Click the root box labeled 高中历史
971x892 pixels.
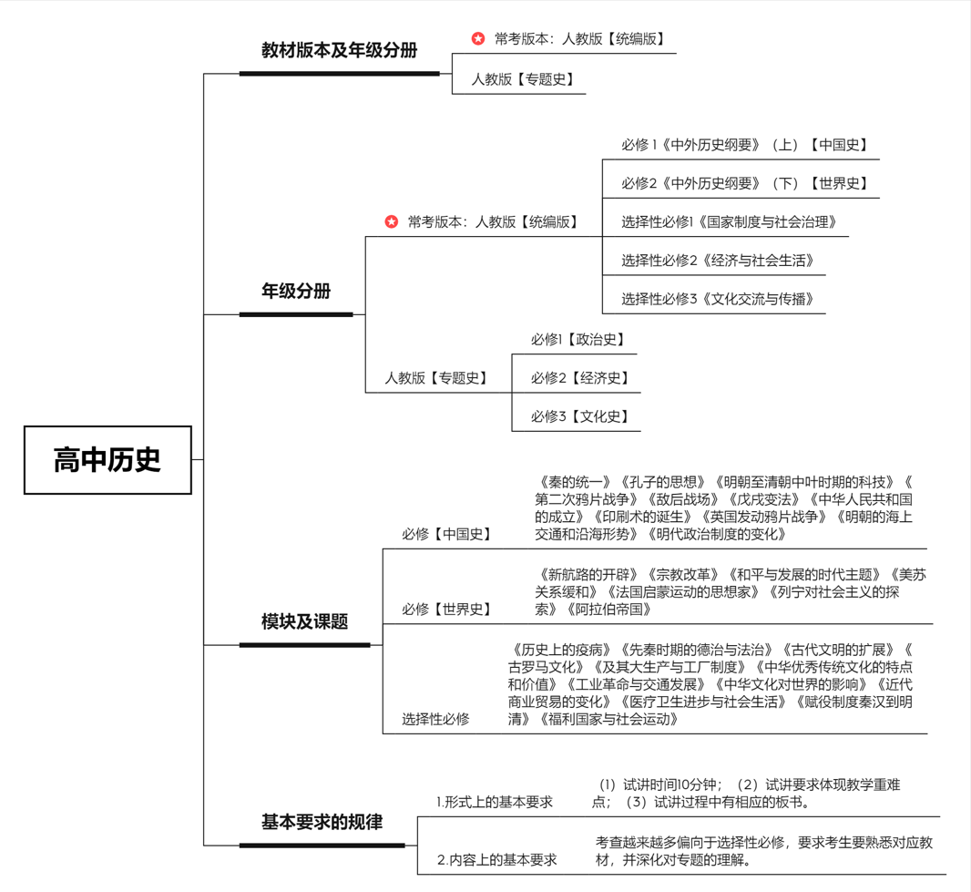point(107,460)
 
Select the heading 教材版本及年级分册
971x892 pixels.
point(339,51)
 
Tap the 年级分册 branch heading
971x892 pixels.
point(296,292)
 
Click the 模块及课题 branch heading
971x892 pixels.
point(305,622)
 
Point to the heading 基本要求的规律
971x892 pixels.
point(322,822)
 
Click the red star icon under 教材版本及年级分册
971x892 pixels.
point(478,38)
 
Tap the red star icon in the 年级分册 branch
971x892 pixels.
point(392,221)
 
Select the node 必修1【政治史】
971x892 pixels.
point(578,340)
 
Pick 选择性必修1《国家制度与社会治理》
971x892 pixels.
point(729,221)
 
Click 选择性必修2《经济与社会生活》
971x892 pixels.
point(718,261)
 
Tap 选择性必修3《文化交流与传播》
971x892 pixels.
point(718,299)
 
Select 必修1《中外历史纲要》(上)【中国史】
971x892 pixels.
point(745,145)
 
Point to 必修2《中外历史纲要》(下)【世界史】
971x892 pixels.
point(745,183)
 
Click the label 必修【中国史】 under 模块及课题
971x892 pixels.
point(447,535)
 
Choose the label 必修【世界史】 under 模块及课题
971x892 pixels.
point(447,610)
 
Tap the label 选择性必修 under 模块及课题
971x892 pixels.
point(435,719)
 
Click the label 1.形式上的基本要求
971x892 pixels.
point(495,803)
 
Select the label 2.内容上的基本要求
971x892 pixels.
point(496,859)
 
